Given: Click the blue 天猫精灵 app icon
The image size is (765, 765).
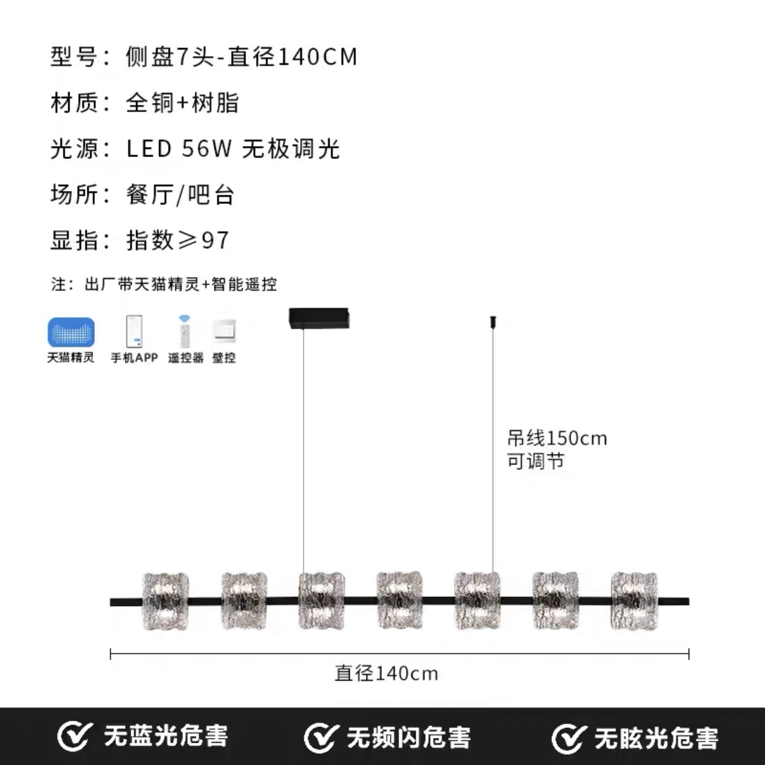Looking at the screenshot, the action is click(71, 332).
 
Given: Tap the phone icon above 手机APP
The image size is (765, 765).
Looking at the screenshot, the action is click(134, 331).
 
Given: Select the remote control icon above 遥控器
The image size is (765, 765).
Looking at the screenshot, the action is click(184, 332).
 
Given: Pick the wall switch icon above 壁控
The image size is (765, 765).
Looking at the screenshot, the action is click(224, 331).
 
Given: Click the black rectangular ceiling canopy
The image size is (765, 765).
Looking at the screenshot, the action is click(319, 318).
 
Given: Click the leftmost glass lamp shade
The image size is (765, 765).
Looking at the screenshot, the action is click(165, 601).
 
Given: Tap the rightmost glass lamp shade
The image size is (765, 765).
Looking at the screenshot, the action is click(634, 601).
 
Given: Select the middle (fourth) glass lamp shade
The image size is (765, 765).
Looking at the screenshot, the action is click(400, 601).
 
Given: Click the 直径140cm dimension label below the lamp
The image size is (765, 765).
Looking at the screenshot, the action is click(386, 674).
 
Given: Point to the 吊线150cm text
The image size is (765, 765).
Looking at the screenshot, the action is click(557, 439).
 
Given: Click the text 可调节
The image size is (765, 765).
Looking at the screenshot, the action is click(535, 461).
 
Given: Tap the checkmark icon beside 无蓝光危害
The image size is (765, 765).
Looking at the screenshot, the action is click(73, 737).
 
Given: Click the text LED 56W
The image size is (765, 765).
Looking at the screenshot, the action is click(179, 148).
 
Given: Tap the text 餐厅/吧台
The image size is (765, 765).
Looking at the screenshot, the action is click(180, 195).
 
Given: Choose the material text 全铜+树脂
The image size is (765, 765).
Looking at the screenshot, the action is click(182, 102).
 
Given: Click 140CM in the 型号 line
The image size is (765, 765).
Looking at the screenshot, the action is click(318, 57).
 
